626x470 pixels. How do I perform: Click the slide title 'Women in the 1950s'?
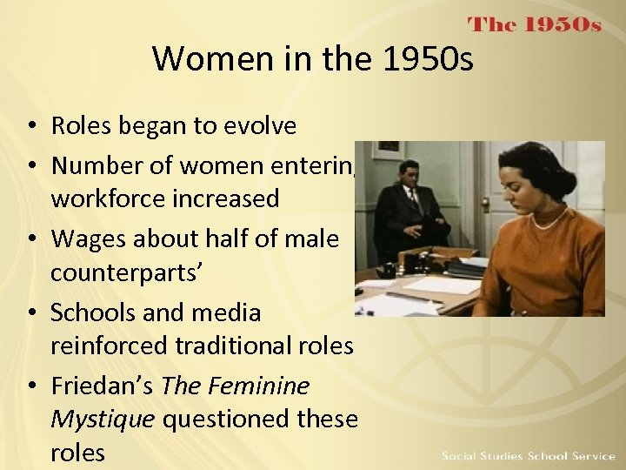pos(313,59)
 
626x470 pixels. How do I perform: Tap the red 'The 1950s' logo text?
pos(534,24)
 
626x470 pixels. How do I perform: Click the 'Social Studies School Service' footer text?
pos(528,456)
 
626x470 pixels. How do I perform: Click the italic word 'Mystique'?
pos(103,419)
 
